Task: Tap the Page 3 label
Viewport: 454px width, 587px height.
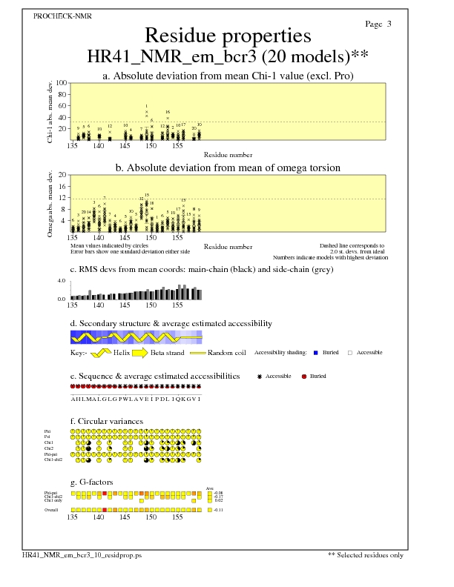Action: pos(378,24)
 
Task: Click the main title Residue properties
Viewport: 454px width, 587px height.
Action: pos(227,36)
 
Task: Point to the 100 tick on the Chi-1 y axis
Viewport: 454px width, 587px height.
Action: pos(62,84)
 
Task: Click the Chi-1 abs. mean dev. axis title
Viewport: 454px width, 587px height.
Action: pos(50,112)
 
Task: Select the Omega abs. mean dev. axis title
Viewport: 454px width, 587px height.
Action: pos(50,204)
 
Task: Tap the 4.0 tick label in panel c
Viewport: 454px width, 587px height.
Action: pos(62,282)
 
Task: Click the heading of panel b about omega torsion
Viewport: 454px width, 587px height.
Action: pos(227,168)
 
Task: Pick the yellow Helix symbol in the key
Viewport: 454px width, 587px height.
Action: pos(102,352)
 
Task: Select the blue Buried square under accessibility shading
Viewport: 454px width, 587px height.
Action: pos(316,353)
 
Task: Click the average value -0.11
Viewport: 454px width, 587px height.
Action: pos(219,511)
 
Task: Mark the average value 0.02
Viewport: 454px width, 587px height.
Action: pos(219,501)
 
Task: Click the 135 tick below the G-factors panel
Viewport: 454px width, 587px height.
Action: pos(72,518)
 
